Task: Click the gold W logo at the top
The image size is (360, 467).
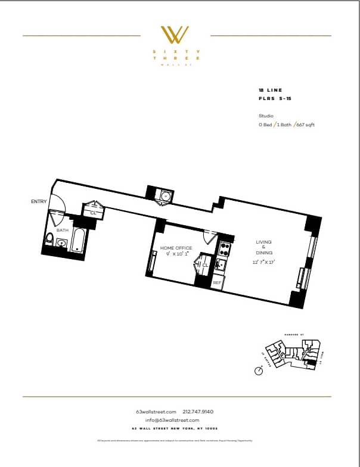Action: point(176,35)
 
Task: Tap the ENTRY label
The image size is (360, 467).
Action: point(39,202)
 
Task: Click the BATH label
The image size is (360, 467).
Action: point(62,230)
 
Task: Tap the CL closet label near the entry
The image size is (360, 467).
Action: point(94,212)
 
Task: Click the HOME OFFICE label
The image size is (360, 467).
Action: point(176,247)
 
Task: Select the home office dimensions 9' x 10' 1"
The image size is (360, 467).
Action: point(176,254)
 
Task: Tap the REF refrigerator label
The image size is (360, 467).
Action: point(218,283)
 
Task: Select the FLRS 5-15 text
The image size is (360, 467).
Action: point(271,97)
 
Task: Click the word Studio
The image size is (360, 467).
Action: point(266,116)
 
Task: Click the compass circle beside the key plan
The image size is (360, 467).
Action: point(259,371)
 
